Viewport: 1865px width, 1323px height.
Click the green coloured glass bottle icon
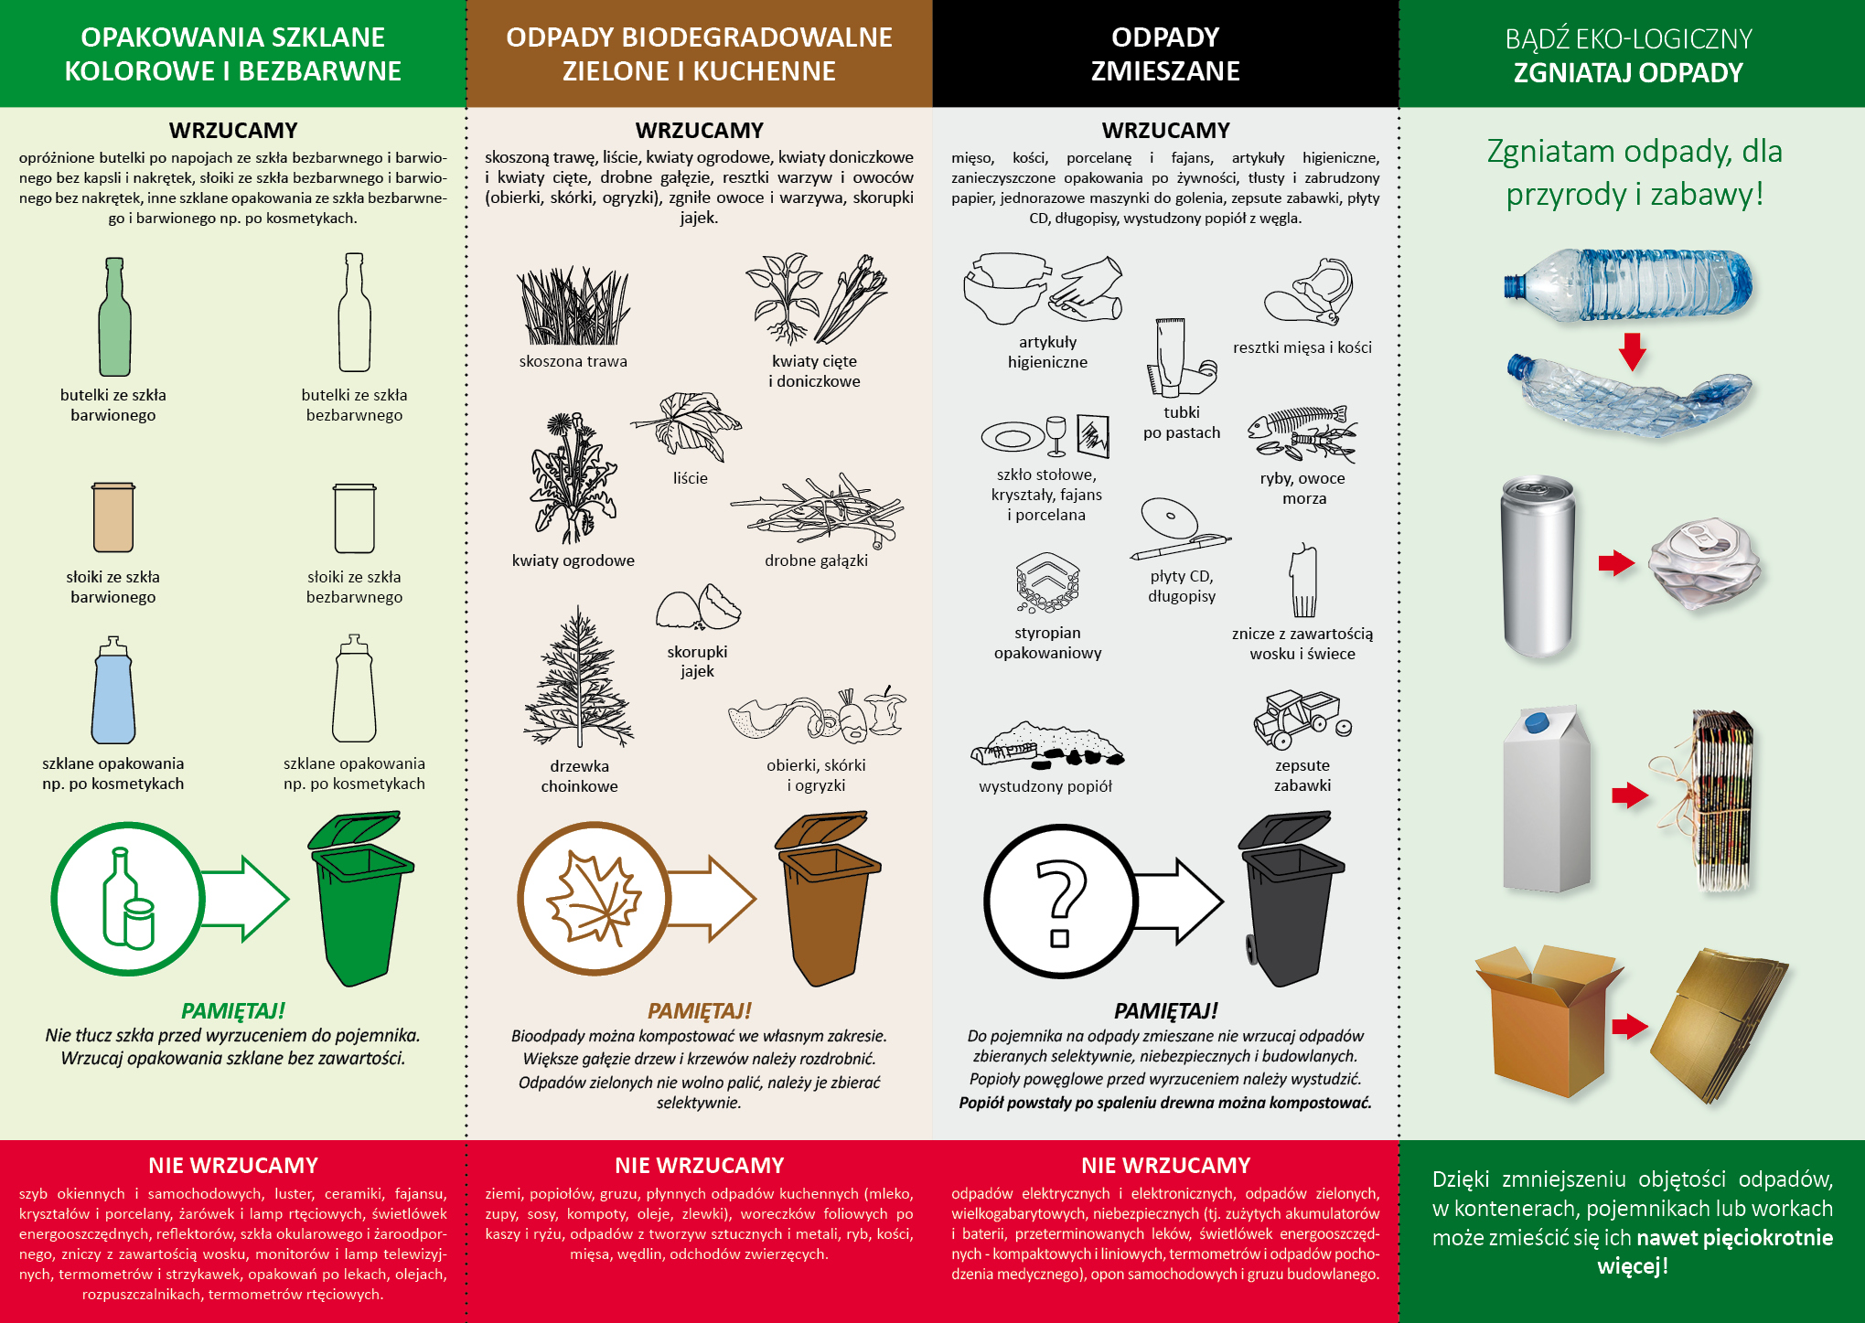click(x=114, y=316)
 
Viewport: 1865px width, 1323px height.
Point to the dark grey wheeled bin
click(x=1291, y=898)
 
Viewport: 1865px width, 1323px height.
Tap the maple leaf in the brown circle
click(x=594, y=898)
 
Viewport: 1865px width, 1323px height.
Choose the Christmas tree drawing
click(x=578, y=678)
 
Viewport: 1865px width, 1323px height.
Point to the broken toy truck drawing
click(x=1301, y=720)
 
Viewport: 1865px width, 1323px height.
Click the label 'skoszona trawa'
click(x=573, y=361)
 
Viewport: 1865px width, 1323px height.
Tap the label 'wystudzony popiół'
click(x=1045, y=786)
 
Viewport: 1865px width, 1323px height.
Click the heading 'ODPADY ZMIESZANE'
click(x=1165, y=54)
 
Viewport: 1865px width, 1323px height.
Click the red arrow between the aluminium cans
click(x=1616, y=562)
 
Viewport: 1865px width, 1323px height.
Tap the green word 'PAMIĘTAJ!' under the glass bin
click(x=233, y=1010)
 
